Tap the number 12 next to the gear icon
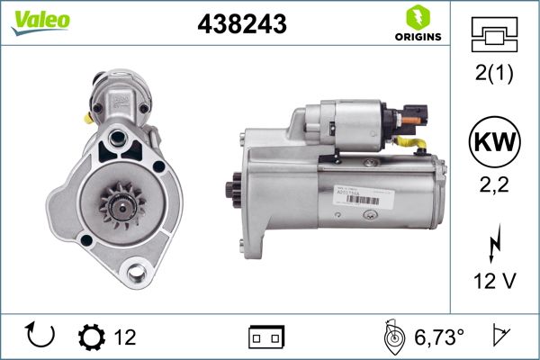pyautogui.click(x=125, y=337)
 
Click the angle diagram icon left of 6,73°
pyautogui.click(x=392, y=336)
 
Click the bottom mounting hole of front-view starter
pyautogui.click(x=138, y=272)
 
